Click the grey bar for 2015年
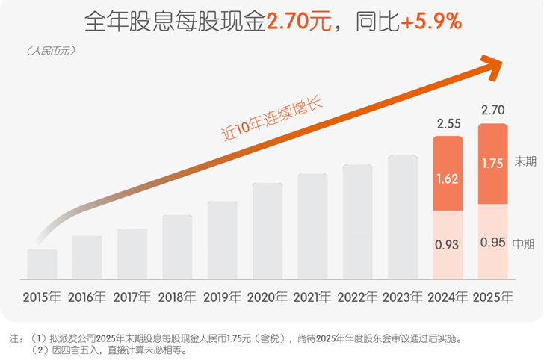(42, 263)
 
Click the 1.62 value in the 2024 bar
(448, 179)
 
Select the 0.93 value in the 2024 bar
(448, 243)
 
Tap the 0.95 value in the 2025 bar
(492, 243)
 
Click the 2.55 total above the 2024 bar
(448, 123)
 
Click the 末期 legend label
(525, 161)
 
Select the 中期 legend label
(525, 243)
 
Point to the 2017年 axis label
(132, 297)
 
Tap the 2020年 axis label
(268, 297)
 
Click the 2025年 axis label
(492, 297)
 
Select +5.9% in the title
(430, 22)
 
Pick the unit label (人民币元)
(51, 51)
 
